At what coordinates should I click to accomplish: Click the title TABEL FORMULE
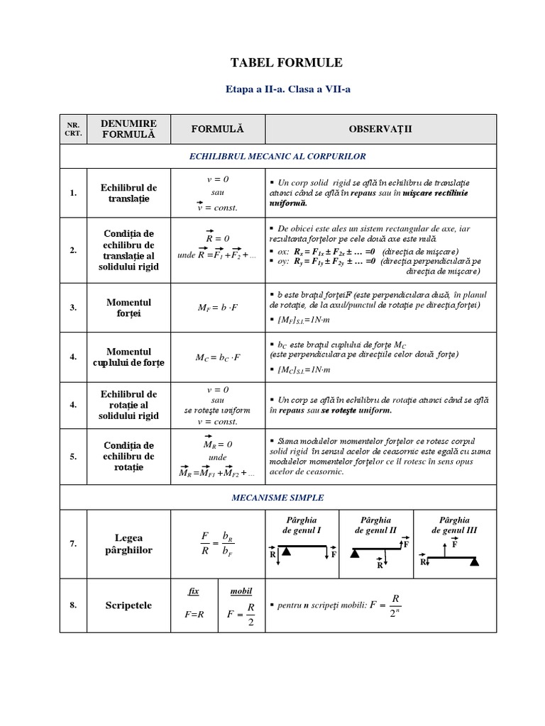pos(286,63)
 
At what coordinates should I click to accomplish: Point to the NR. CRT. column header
pos(74,128)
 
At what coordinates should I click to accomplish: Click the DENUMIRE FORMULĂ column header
pos(128,128)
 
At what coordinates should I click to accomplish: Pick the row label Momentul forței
pos(128,308)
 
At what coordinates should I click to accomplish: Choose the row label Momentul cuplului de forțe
pos(128,357)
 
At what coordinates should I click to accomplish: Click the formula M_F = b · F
pos(218,308)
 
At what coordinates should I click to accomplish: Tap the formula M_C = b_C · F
pos(218,357)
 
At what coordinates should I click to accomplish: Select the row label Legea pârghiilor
pos(128,544)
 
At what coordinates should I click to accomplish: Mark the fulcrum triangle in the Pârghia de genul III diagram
pos(473,562)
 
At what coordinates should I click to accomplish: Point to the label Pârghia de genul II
pos(376,525)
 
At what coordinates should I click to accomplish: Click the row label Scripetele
pos(128,605)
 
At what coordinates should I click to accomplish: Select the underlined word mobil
pos(241,591)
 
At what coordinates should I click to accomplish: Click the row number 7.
pos(74,544)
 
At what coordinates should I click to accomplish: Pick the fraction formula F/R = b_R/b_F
pos(217,544)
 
